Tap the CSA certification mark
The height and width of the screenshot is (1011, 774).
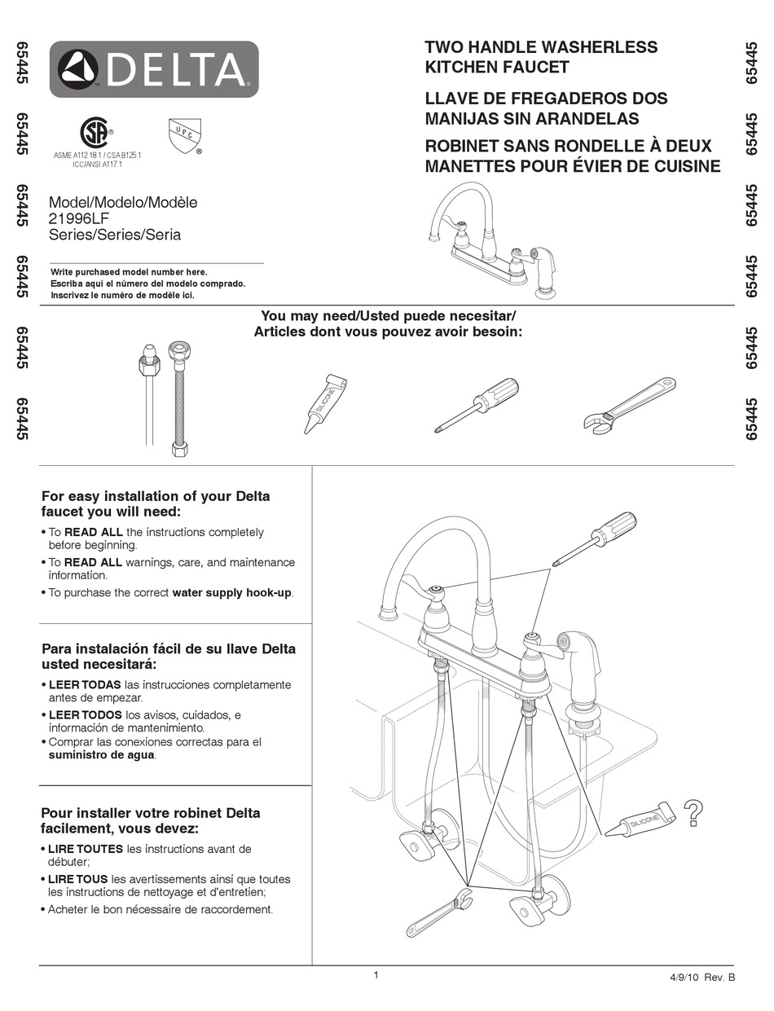pos(95,133)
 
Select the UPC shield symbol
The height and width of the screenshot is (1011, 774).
pos(184,135)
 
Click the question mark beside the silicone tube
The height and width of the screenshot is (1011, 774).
pos(693,813)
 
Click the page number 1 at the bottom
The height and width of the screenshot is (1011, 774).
pos(376,975)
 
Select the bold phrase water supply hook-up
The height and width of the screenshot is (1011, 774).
pos(231,592)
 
